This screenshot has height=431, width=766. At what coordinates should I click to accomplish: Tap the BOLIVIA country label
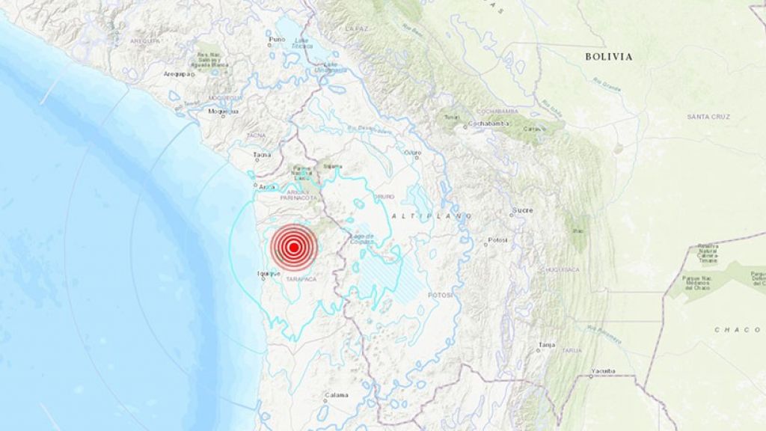coord(608,56)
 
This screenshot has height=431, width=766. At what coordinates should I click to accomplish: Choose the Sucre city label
coord(522,210)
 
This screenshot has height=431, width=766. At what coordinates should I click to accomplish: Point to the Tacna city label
coord(261,155)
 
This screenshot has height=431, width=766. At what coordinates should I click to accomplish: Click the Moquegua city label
coord(223,111)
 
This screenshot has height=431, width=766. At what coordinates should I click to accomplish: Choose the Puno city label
coord(278,39)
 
